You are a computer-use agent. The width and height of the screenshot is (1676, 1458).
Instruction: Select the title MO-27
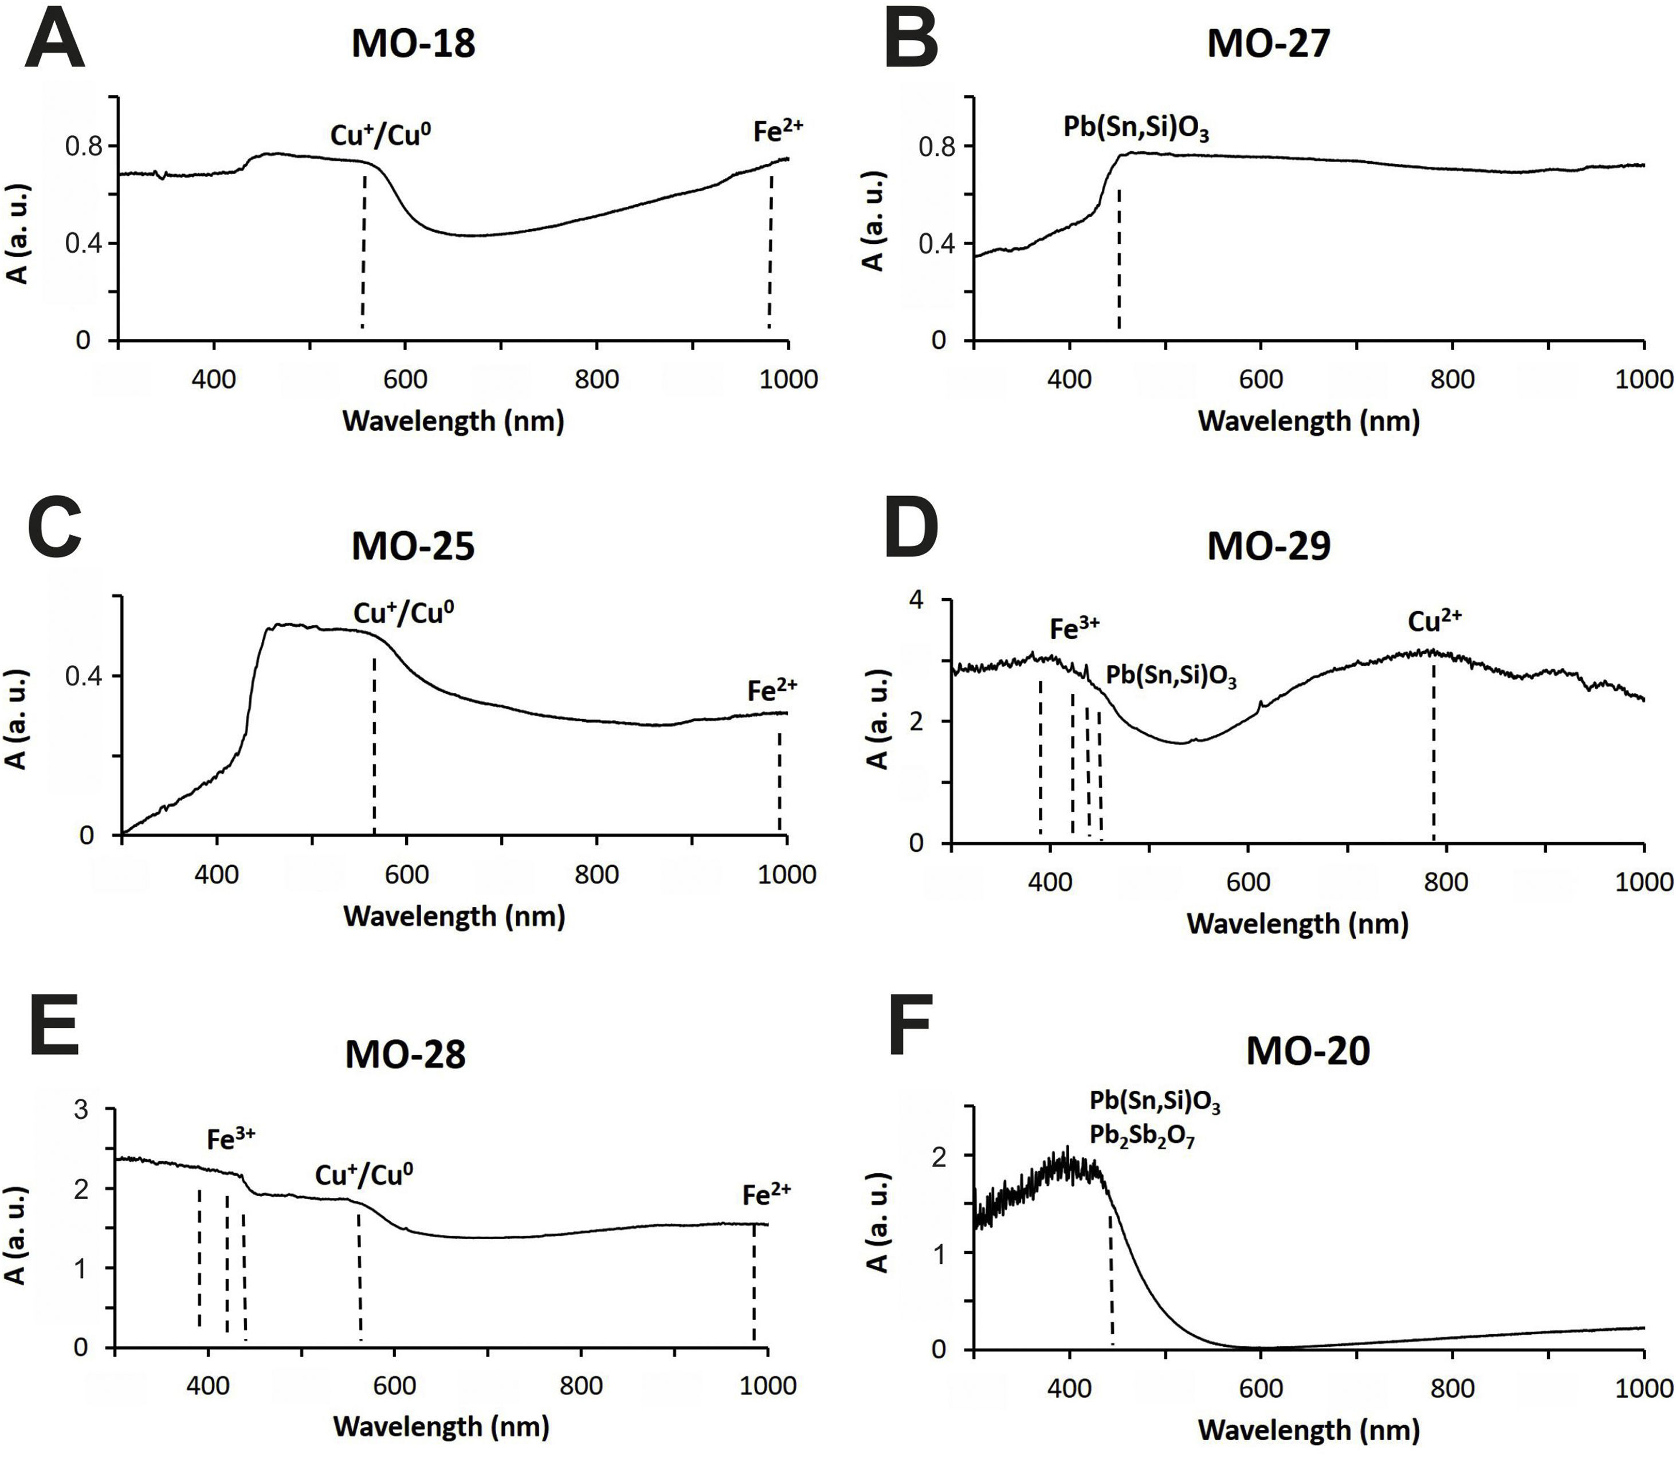click(1269, 43)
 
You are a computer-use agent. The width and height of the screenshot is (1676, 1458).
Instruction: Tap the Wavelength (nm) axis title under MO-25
click(454, 916)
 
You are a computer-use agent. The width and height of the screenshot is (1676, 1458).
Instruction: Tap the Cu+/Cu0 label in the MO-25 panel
click(403, 612)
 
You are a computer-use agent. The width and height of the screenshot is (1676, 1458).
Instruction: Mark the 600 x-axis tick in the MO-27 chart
click(1260, 379)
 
